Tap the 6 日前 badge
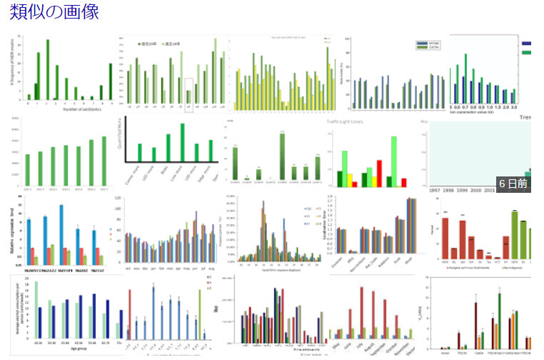513,184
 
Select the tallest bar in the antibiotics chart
48,69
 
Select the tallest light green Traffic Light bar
393,161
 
